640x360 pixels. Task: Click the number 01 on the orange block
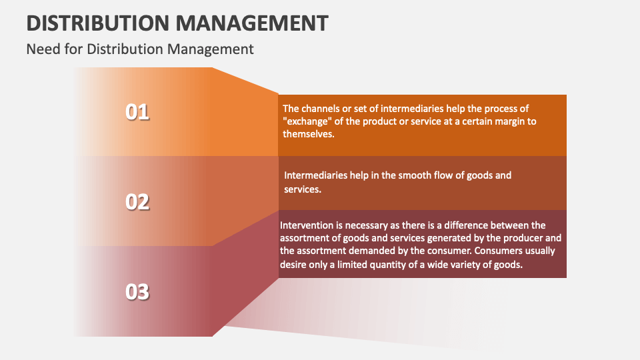pos(137,112)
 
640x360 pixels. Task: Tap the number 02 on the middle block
pos(137,201)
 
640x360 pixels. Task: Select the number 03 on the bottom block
pos(137,291)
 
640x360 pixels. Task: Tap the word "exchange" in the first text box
pos(306,121)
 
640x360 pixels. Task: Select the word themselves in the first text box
pos(308,133)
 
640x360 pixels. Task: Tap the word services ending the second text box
pos(303,189)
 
